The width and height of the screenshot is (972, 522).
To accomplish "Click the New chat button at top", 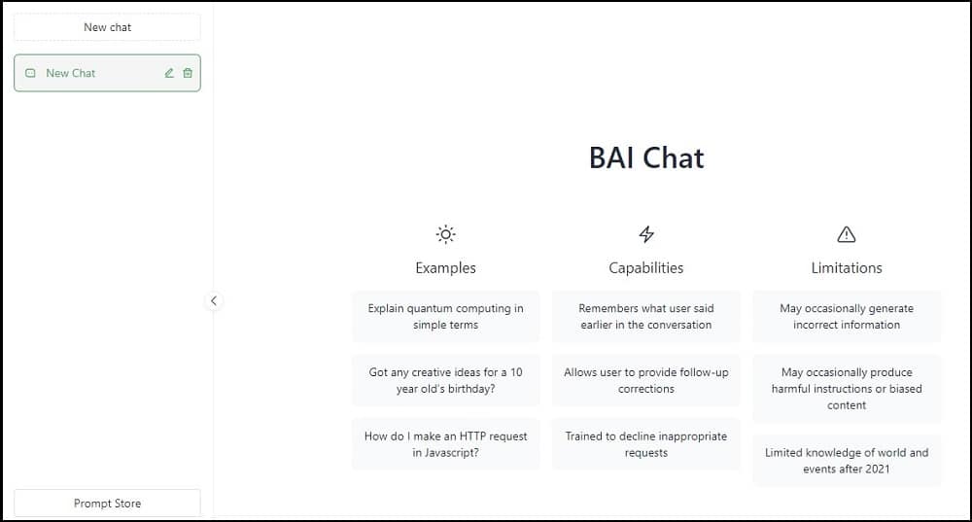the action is point(107,27).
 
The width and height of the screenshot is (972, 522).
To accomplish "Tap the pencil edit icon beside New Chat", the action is point(169,73).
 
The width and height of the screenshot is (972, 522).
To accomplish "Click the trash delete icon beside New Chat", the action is point(188,73).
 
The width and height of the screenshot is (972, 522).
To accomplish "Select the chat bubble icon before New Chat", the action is point(30,73).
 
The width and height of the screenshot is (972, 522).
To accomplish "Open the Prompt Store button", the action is point(107,503).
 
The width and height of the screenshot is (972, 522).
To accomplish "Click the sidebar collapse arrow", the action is point(214,300).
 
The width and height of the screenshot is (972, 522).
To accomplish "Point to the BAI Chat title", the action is point(646,157).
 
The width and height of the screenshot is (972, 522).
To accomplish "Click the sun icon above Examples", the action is point(446,234).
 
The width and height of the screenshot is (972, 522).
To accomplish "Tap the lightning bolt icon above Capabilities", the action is point(646,234).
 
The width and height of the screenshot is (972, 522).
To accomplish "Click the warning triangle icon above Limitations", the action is point(847,235).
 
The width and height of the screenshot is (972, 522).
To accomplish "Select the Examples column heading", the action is point(446,268).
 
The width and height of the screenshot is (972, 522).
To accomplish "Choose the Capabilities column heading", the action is point(646,268).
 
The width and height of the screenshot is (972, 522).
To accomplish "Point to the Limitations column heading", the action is point(847,268).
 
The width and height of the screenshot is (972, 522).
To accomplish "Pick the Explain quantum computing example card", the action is point(446,316).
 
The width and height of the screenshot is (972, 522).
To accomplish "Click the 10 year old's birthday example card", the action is point(446,380).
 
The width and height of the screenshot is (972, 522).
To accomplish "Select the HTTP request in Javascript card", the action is point(446,444).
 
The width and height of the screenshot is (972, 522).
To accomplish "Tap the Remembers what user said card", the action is point(646,316).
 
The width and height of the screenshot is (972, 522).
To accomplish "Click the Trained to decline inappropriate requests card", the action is point(646,444).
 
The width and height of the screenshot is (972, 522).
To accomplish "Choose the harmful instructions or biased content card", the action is point(847,388).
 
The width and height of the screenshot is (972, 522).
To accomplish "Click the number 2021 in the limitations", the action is point(878,470).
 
